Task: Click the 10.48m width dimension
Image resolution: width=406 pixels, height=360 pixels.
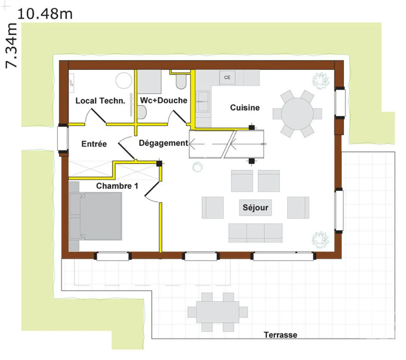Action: click(45, 14)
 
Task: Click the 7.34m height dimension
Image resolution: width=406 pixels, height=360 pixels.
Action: click(11, 46)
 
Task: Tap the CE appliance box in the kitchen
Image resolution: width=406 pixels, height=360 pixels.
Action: click(227, 77)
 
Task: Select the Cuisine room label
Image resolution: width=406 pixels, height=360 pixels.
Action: click(245, 108)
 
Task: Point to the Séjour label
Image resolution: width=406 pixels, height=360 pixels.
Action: click(255, 207)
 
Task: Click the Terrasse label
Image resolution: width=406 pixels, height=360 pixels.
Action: click(280, 335)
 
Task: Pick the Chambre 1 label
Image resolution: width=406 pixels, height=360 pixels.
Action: click(117, 186)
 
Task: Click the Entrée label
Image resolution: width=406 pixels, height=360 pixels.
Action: click(94, 144)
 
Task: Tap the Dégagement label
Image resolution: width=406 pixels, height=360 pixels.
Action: click(164, 143)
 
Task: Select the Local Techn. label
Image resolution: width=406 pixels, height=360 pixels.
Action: click(100, 101)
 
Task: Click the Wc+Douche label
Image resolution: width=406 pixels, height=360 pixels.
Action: click(164, 100)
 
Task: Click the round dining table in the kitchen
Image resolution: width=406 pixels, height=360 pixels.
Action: click(297, 114)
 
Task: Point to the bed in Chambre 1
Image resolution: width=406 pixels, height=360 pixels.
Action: click(95, 216)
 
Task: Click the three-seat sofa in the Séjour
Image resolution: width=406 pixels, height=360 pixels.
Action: click(255, 233)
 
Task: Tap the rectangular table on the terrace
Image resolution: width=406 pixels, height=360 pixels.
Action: click(218, 312)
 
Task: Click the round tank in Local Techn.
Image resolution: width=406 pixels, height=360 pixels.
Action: click(124, 80)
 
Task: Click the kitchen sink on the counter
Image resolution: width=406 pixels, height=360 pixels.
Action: click(203, 101)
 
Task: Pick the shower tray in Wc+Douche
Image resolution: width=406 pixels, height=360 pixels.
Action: click(149, 81)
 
